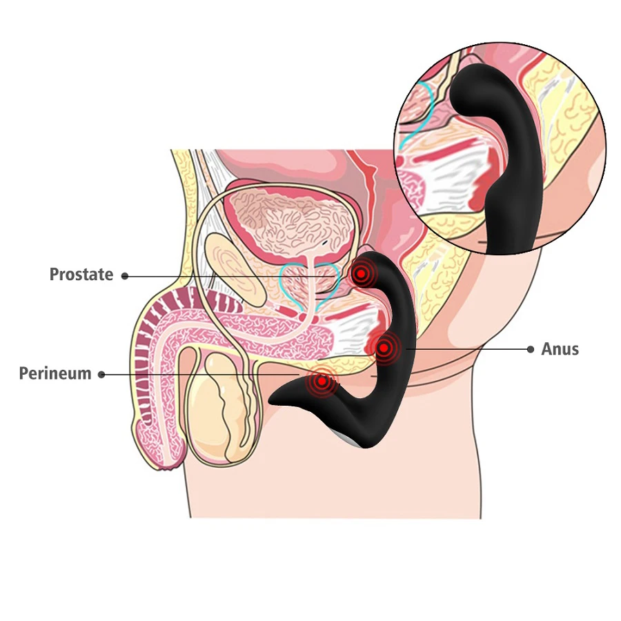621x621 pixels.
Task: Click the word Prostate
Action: [x=81, y=275]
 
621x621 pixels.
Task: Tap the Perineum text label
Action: [x=55, y=374]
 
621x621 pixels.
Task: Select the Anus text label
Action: [x=560, y=349]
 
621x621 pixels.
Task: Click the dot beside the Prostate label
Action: [x=125, y=276]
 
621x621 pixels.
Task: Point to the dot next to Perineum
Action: [x=101, y=375]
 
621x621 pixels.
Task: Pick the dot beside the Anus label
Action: [x=530, y=350]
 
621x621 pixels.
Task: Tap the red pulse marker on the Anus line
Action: [x=384, y=348]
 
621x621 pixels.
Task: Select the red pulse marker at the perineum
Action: [x=320, y=381]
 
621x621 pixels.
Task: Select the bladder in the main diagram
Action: [x=290, y=221]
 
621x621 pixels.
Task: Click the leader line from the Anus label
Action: [x=469, y=350]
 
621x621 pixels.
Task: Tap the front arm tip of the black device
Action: [x=276, y=399]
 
